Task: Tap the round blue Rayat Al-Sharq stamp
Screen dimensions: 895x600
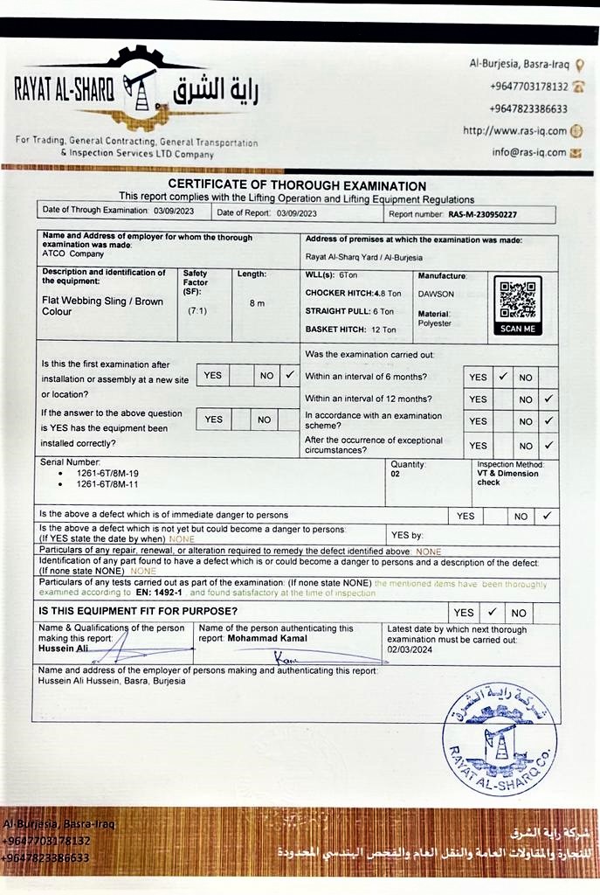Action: (500, 739)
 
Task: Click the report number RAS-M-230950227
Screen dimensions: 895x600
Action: (483, 213)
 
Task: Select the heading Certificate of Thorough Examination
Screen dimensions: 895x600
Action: (297, 185)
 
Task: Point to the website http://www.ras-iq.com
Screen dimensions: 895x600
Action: (514, 131)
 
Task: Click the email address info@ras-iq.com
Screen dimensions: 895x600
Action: (529, 152)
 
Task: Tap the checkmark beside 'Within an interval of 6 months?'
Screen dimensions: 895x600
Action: (502, 377)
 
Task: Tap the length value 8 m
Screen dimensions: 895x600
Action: (257, 303)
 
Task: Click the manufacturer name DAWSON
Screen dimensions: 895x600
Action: (436, 295)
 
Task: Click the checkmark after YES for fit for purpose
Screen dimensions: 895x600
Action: (492, 612)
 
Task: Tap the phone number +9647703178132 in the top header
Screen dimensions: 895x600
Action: (529, 87)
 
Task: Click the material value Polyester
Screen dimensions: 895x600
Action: (434, 323)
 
